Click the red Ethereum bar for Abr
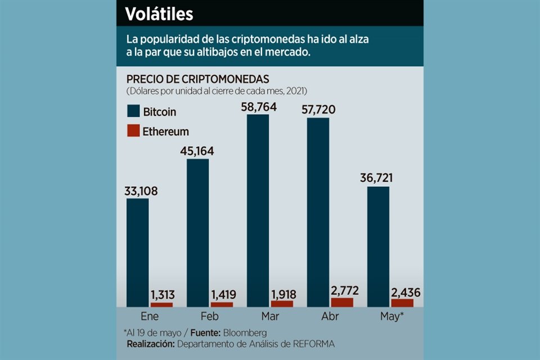[343, 302]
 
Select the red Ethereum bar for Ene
[162, 304]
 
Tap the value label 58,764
[259, 107]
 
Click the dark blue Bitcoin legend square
[133, 111]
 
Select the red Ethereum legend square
[133, 131]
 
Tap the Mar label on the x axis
[270, 316]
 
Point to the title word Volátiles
[159, 13]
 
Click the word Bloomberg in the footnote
[244, 332]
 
